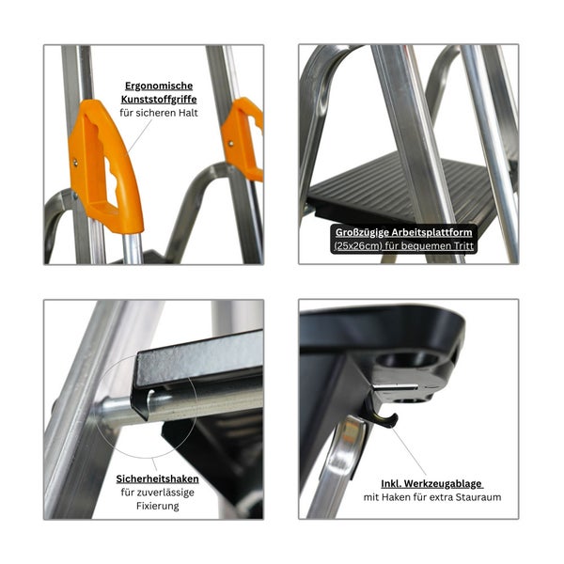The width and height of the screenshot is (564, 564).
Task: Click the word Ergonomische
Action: pyautogui.click(x=159, y=86)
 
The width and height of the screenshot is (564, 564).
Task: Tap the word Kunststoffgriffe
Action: pyautogui.click(x=159, y=100)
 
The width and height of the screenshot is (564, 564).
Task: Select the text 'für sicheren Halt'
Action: pyautogui.click(x=159, y=113)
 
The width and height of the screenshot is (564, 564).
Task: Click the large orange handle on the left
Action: pyautogui.click(x=105, y=166)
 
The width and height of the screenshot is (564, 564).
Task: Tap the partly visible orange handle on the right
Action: pyautogui.click(x=243, y=138)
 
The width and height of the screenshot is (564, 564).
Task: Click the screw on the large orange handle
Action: pyautogui.click(x=75, y=163)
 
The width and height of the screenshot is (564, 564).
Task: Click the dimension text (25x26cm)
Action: pyautogui.click(x=357, y=246)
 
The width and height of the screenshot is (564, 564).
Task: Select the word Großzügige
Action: pyautogui.click(x=362, y=232)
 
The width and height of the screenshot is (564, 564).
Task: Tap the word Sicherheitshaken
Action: pyautogui.click(x=157, y=479)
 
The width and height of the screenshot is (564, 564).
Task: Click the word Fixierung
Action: pyautogui.click(x=158, y=506)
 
